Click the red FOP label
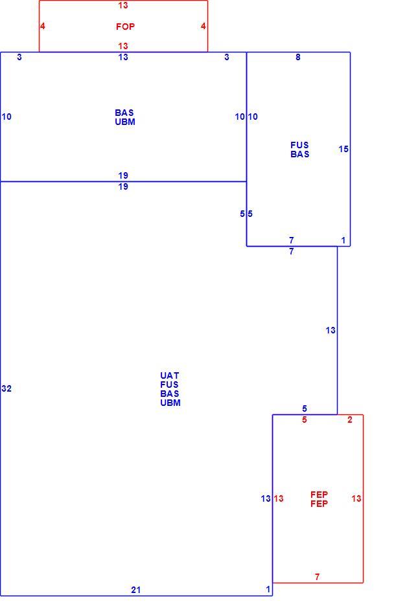(125, 27)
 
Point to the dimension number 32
(6, 388)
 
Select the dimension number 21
(136, 590)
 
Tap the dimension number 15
(343, 149)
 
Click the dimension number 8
(298, 57)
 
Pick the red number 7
(317, 577)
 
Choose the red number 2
(350, 419)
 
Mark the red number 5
(304, 419)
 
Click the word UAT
(170, 375)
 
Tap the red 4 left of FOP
(42, 26)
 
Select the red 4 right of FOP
(203, 26)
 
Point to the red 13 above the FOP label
(123, 5)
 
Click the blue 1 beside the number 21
(268, 589)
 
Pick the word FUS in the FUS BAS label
(299, 145)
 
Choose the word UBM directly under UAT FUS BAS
(170, 403)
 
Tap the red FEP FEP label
(319, 499)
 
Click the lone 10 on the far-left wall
(6, 117)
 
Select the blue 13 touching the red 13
(266, 498)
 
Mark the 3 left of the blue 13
(19, 57)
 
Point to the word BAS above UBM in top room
(124, 113)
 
